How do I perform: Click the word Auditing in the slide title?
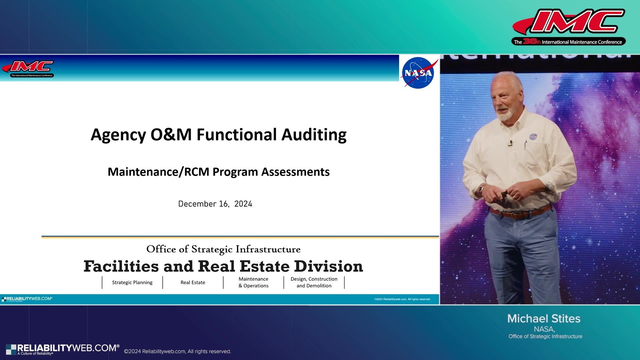point(314,135)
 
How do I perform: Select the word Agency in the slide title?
point(118,135)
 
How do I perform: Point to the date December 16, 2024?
point(215,204)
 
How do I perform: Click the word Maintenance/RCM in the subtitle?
point(158,172)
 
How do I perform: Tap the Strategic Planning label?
point(132,282)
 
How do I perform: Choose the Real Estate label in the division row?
point(193,282)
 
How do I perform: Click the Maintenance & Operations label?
point(253,282)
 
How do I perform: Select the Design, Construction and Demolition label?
point(314,282)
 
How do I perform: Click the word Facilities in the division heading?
point(121,266)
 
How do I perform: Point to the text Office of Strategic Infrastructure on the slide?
point(223,249)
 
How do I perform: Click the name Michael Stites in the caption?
point(544,319)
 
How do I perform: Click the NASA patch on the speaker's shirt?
point(533,137)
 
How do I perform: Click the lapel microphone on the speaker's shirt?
point(510,143)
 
